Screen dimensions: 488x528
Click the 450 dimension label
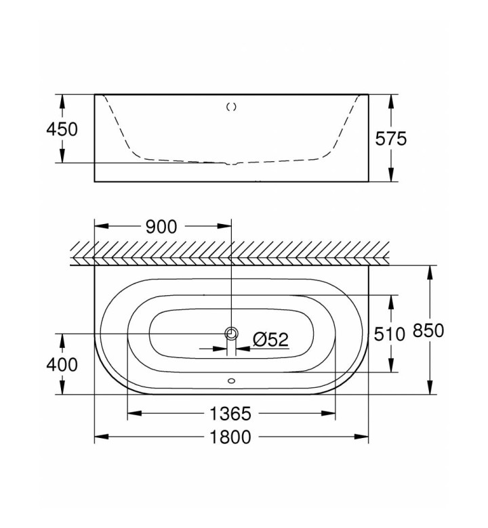pos(62,129)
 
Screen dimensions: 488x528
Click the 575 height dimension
pos(391,138)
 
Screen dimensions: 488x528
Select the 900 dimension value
pos(161,227)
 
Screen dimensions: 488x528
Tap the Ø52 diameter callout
pos(271,339)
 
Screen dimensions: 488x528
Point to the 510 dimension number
pos(390,334)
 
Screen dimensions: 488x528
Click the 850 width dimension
pos(428,330)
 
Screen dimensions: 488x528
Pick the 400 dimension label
pos(62,364)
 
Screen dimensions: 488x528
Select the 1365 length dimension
pos(230,414)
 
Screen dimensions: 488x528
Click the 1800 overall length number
pos(230,437)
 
